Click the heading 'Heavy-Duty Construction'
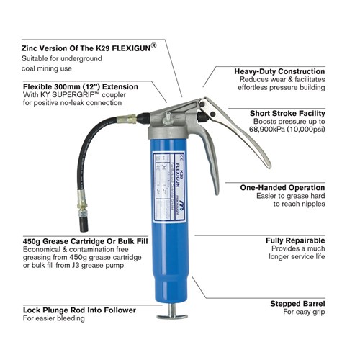pyautogui.click(x=279, y=71)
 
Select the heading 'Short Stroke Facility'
pyautogui.click(x=287, y=113)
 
